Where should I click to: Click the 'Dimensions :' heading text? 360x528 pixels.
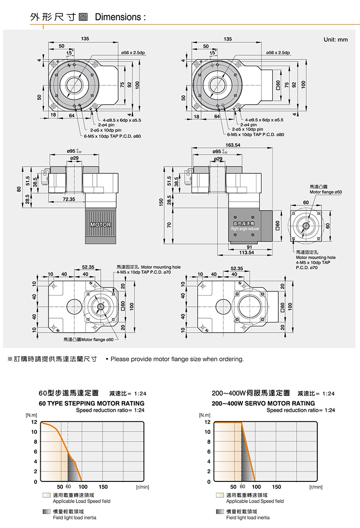point(120,17)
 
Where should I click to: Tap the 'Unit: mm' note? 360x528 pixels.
point(336,40)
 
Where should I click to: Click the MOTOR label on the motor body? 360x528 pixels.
point(100,225)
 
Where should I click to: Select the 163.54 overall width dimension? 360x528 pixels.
point(233,145)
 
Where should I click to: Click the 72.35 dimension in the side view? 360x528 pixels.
point(69,199)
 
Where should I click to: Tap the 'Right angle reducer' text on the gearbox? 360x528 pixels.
point(245,229)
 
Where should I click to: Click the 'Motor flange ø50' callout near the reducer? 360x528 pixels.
point(325,192)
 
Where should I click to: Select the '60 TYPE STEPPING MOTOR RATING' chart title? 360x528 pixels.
point(91,403)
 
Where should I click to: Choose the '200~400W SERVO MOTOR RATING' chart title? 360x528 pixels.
point(264,403)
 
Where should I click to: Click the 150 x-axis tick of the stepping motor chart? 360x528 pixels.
point(103,487)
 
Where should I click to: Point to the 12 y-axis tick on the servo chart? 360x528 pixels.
point(207,422)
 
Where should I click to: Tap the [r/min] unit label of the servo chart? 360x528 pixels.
point(315,487)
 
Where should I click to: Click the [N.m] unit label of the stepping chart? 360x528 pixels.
point(31,415)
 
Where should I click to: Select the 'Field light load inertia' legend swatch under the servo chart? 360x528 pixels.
point(220,512)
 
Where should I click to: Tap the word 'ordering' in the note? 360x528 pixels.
point(232,359)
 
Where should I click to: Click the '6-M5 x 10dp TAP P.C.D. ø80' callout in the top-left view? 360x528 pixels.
point(113,136)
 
